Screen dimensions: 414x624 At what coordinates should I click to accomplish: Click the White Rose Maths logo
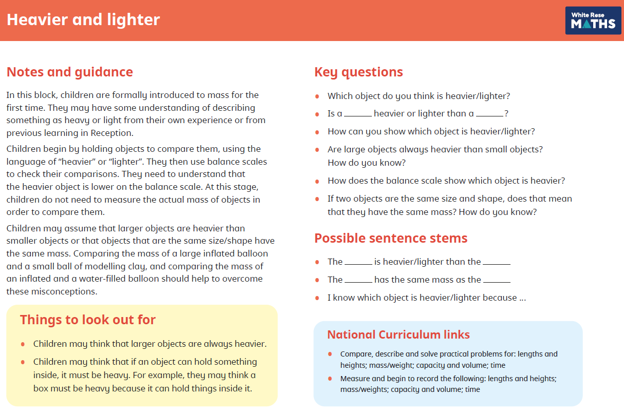tap(593, 21)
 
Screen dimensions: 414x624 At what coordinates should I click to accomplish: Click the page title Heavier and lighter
tap(83, 19)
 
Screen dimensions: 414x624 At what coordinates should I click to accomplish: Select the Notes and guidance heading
tap(69, 72)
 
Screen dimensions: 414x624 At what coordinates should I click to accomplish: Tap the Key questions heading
tap(358, 72)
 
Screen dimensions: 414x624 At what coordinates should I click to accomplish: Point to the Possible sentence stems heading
tap(391, 238)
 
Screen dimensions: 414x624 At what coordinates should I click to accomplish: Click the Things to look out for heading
tap(88, 320)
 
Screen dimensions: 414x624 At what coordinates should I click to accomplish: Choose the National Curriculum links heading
tap(399, 334)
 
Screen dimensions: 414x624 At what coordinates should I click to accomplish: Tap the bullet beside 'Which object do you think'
tap(317, 96)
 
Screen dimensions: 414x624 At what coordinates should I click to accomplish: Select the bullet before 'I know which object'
tap(317, 298)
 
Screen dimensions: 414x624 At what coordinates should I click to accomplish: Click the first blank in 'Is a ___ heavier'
tap(357, 114)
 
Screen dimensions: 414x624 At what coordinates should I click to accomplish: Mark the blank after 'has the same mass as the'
tap(497, 280)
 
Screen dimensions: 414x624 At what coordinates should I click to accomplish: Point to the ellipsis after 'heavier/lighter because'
tap(522, 298)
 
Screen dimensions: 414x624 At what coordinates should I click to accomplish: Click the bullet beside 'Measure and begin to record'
tap(330, 379)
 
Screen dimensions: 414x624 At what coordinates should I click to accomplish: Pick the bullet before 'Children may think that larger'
tap(23, 344)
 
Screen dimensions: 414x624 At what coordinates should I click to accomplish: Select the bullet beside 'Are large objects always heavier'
tap(317, 150)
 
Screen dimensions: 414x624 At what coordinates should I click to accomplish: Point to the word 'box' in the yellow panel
tap(41, 388)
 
